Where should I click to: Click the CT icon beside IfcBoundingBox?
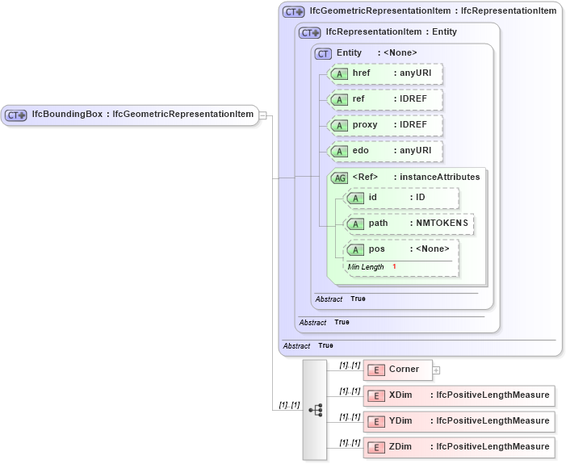tap(16, 115)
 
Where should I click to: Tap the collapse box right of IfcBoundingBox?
tap(262, 115)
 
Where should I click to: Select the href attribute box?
tap(386, 73)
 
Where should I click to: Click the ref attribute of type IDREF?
tap(386, 99)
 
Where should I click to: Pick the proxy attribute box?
tap(386, 125)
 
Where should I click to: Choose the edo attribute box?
tap(386, 151)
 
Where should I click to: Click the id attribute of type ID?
tap(401, 198)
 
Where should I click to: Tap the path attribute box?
tap(409, 224)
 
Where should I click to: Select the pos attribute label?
tap(377, 249)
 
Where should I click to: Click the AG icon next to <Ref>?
tap(340, 178)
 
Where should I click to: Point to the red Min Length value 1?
tap(395, 266)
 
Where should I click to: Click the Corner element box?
tap(397, 370)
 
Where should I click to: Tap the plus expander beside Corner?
tap(436, 370)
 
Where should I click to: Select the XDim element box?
tap(459, 395)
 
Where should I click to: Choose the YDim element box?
tap(459, 421)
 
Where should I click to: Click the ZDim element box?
tap(459, 447)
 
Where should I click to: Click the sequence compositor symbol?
tap(315, 410)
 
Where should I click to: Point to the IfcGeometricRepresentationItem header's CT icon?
tap(293, 12)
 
